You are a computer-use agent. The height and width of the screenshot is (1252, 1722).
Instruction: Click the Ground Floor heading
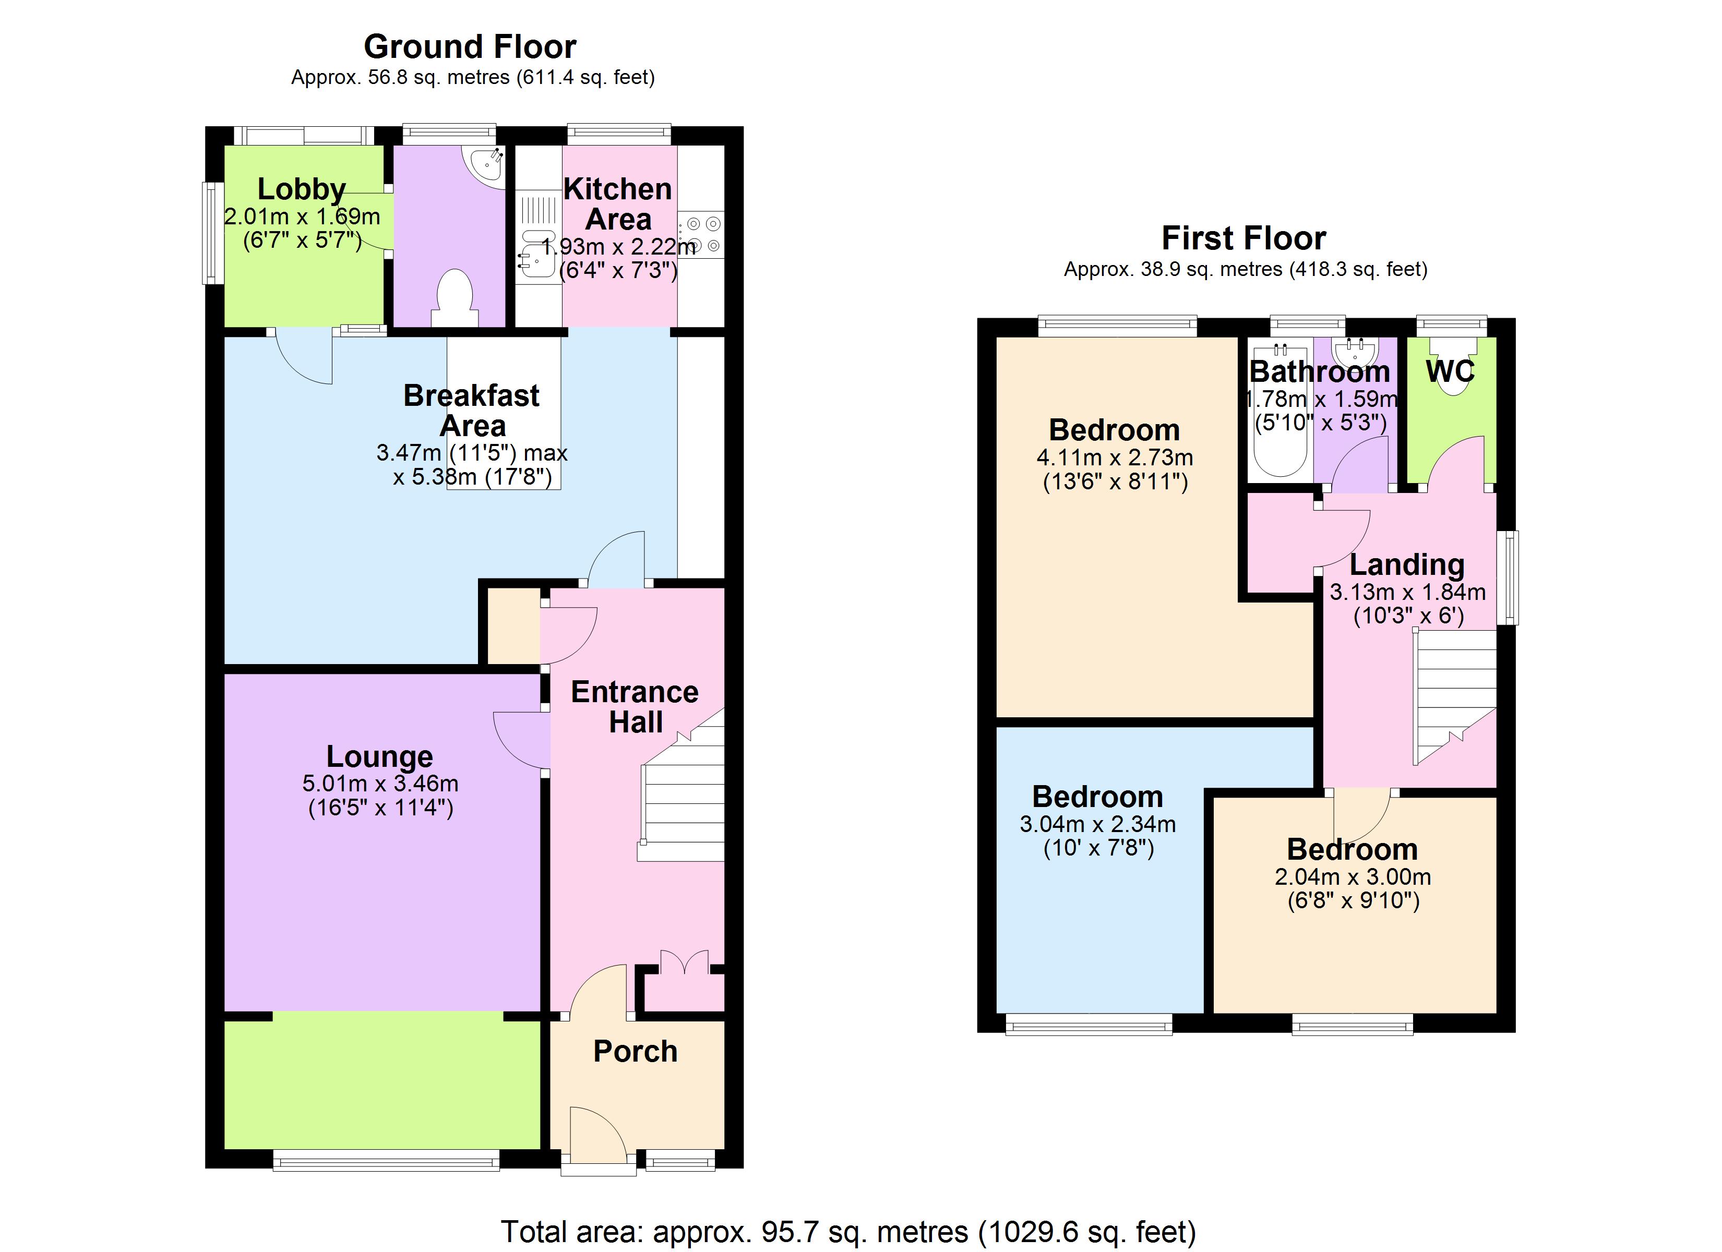tap(470, 47)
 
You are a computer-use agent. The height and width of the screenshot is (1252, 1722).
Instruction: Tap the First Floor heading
tap(1243, 238)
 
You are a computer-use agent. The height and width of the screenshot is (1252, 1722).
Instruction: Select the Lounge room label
tap(380, 756)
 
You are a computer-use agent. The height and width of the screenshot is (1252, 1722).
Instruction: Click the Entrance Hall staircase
tap(682, 805)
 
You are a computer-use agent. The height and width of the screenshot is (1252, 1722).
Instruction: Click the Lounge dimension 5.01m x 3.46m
tap(380, 784)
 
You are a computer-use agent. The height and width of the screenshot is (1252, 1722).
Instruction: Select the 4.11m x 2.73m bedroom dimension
tap(1114, 458)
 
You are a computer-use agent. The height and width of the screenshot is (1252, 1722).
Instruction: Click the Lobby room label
tap(302, 189)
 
